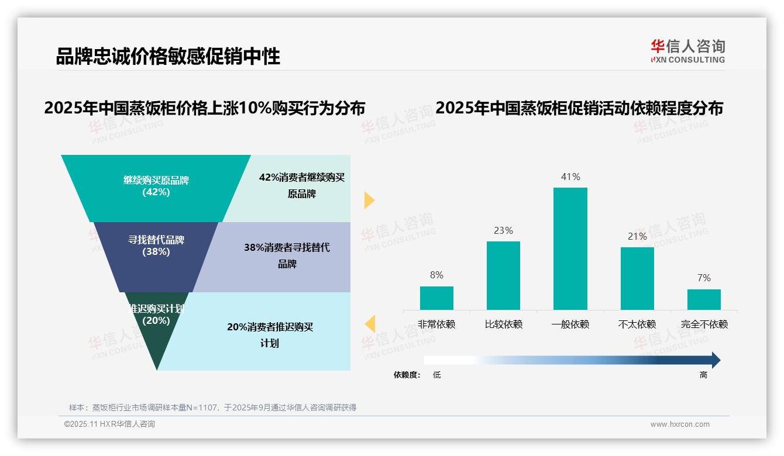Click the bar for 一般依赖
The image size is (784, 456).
(570, 248)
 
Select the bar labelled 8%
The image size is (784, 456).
(436, 298)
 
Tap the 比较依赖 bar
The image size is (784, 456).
(503, 275)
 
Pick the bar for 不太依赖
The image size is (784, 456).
(637, 278)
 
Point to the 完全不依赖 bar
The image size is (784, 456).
(704, 299)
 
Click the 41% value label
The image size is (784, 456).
(570, 177)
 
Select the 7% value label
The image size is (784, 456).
(704, 278)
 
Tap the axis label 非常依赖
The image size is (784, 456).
(436, 324)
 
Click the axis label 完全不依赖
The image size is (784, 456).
(704, 324)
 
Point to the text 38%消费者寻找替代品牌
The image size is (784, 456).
(287, 255)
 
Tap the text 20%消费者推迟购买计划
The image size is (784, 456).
(270, 335)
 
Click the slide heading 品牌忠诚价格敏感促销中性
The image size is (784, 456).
(168, 56)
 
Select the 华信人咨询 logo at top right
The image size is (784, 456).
(687, 51)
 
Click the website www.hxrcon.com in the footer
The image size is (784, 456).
(680, 424)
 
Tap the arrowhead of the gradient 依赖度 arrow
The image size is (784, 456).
(715, 360)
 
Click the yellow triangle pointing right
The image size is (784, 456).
(369, 200)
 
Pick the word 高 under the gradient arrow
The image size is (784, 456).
(703, 375)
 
